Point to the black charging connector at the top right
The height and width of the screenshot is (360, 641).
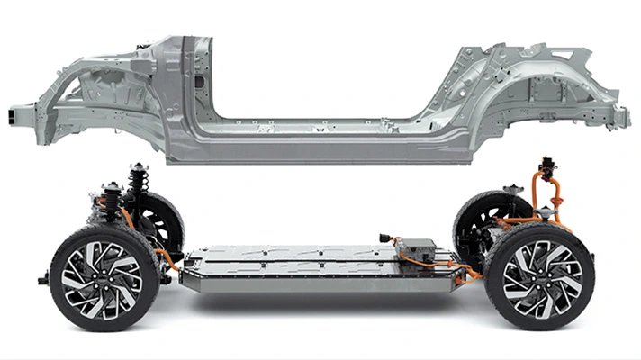coord(546,168)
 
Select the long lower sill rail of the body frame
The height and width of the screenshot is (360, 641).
coord(324,148)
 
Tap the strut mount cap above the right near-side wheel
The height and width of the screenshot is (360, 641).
coord(514,190)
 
